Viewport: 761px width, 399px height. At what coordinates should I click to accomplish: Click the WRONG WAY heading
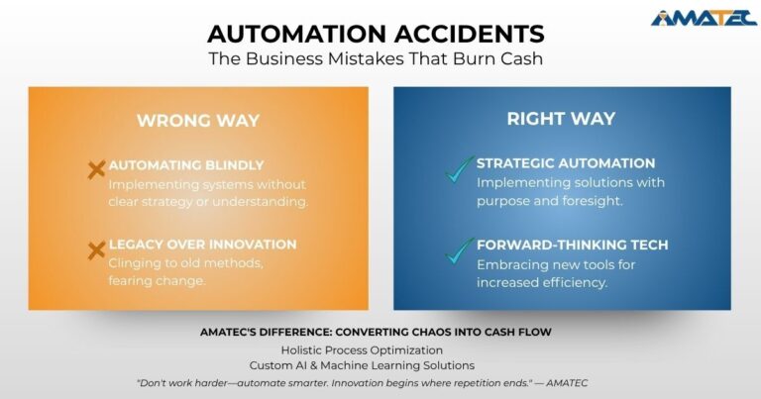click(197, 121)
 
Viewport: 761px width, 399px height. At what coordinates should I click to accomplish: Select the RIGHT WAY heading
click(561, 119)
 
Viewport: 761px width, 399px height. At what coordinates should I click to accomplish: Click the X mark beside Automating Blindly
click(97, 170)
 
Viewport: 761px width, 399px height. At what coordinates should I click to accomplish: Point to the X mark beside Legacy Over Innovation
click(97, 250)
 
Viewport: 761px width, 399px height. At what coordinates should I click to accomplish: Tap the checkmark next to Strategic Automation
click(458, 170)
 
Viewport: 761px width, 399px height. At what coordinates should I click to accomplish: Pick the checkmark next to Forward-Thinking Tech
click(458, 250)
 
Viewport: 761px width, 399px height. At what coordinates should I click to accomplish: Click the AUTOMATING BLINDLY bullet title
click(186, 164)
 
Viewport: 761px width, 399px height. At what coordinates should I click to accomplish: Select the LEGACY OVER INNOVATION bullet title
click(202, 245)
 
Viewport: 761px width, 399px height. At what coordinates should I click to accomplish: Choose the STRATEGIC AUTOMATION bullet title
click(566, 163)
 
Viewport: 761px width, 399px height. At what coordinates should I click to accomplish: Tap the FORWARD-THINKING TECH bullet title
click(572, 245)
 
